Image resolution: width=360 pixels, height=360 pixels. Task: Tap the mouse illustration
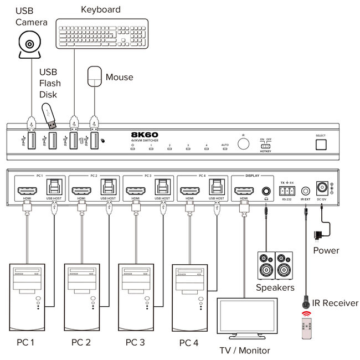pyautogui.click(x=95, y=76)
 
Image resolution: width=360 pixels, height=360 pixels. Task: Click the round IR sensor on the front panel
pyautogui.click(x=243, y=143)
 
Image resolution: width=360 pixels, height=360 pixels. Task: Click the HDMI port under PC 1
pyautogui.click(x=27, y=191)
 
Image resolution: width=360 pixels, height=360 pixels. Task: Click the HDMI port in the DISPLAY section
pyautogui.click(x=244, y=191)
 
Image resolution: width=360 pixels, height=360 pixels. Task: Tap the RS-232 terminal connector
pyautogui.click(x=286, y=190)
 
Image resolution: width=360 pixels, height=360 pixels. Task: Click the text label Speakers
pyautogui.click(x=275, y=287)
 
